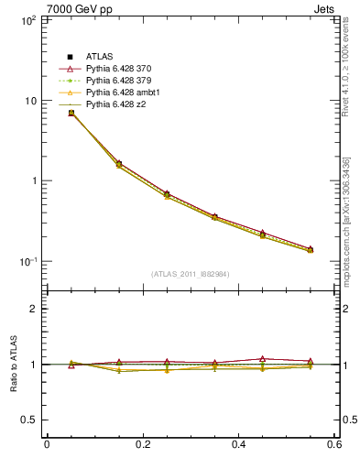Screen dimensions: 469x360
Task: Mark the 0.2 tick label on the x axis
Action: pyautogui.click(x=142, y=445)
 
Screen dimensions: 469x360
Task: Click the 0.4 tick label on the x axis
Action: pyautogui.click(x=238, y=445)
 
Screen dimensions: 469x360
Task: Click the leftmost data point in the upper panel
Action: pyautogui.click(x=71, y=113)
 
